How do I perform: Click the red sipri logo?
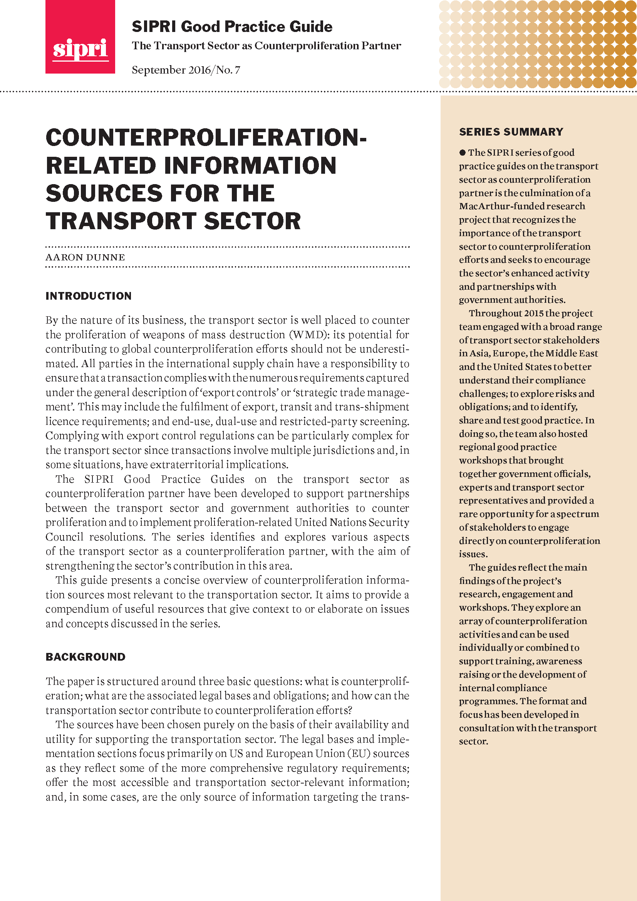tap(80, 37)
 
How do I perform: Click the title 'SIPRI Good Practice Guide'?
tap(232, 27)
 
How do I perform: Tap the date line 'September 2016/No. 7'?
tap(186, 70)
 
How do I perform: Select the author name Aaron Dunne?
tap(85, 257)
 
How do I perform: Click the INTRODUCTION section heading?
tap(88, 296)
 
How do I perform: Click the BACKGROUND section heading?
tap(85, 657)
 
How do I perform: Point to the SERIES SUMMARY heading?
tap(511, 132)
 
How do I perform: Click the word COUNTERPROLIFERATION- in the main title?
tap(206, 138)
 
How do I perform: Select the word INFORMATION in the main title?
tap(250, 166)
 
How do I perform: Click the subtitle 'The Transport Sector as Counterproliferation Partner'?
tap(266, 46)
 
